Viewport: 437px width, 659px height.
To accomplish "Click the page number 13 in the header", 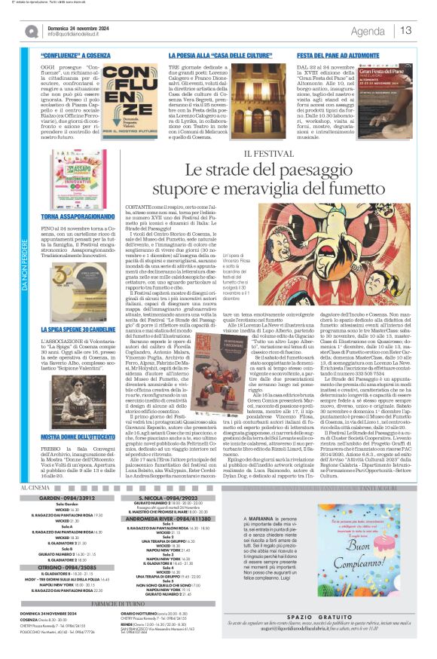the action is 406,30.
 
